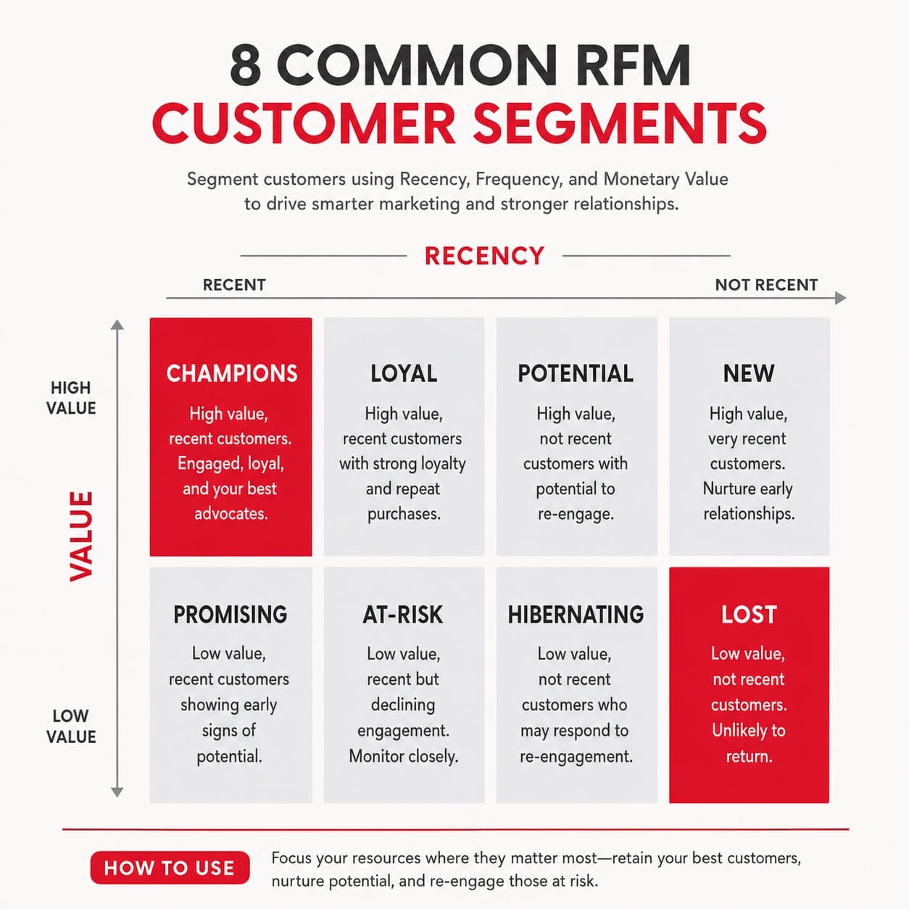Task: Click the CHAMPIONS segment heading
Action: point(232,373)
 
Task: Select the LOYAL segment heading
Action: point(404,373)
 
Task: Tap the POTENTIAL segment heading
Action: point(576,373)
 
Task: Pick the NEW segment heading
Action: point(749,373)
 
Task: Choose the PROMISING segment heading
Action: point(231,614)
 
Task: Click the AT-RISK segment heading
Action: point(403,614)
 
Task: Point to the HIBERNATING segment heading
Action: point(576,614)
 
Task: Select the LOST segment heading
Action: point(749,614)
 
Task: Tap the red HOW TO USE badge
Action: point(170,868)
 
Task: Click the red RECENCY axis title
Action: point(484,256)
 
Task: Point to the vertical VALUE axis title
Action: point(81,536)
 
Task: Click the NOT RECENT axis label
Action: point(766,285)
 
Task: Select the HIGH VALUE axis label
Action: point(71,398)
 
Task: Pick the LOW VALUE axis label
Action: point(71,726)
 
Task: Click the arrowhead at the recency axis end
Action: point(841,298)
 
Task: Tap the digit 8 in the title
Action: point(246,65)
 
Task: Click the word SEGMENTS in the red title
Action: point(619,123)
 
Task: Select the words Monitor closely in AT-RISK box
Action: point(403,756)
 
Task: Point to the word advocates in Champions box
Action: point(231,513)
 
